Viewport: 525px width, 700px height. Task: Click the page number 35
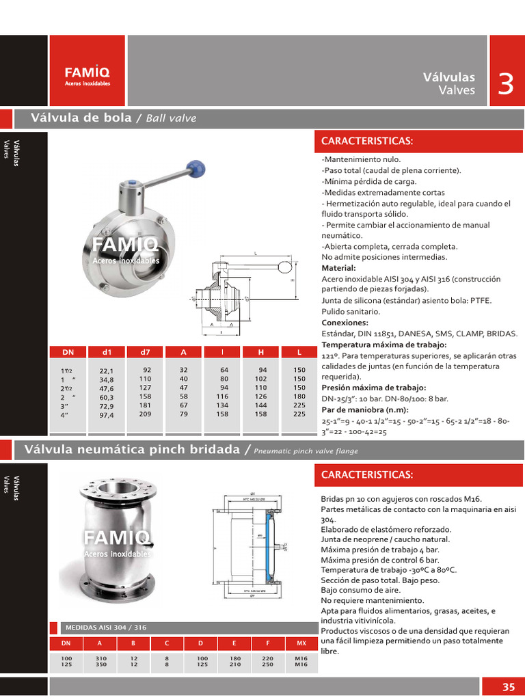508,687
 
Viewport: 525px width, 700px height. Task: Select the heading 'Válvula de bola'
81,118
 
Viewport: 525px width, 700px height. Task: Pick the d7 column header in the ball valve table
145,352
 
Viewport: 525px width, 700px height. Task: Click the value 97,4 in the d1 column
107,414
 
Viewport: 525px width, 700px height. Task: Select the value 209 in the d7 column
145,414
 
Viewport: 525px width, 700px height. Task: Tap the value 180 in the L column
299,396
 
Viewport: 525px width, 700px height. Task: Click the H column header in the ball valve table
261,352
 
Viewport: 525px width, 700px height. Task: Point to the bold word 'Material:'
338,268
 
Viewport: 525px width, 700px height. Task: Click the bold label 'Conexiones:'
345,322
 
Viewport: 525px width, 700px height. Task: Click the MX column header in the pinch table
301,643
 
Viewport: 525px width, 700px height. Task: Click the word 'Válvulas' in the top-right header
449,77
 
